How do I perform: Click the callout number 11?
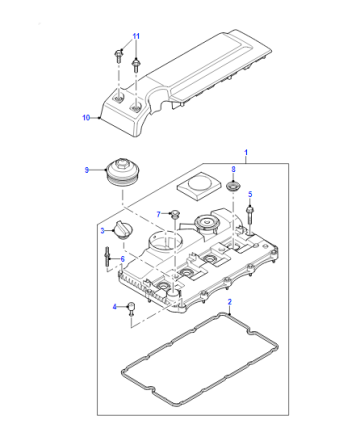click(x=136, y=36)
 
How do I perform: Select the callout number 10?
click(x=86, y=117)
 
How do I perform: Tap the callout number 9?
click(x=87, y=170)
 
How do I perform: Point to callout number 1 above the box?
click(x=246, y=153)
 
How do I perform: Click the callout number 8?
click(x=233, y=169)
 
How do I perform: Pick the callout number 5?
click(x=250, y=194)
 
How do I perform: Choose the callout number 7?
click(x=159, y=214)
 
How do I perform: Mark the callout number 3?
click(x=103, y=230)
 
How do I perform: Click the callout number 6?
click(x=122, y=259)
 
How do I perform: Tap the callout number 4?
click(x=114, y=307)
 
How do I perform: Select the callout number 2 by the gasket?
click(x=229, y=302)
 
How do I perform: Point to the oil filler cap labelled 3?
click(x=123, y=230)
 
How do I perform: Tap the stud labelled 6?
click(x=107, y=257)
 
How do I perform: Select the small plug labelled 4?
click(x=132, y=309)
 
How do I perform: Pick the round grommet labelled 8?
click(x=233, y=186)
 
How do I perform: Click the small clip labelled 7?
click(x=174, y=214)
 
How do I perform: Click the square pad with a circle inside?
click(x=199, y=186)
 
